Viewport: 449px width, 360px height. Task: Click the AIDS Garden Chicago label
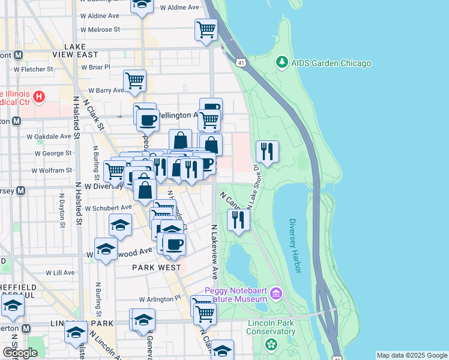point(331,63)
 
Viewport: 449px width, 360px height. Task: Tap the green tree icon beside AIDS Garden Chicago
point(281,62)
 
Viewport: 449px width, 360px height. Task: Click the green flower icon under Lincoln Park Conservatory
point(271,344)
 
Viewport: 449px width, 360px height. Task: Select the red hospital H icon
point(40,96)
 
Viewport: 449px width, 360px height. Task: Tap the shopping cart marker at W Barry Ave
point(134,80)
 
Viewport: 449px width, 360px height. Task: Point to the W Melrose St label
point(100,29)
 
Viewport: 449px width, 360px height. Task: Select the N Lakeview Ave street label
point(214,252)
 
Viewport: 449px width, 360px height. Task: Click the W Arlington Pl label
point(160,298)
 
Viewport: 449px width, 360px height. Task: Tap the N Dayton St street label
point(62,210)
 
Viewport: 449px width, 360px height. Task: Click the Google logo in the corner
point(20,353)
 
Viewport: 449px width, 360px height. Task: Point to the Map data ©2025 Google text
point(412,355)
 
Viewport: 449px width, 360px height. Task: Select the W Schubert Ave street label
point(107,208)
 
